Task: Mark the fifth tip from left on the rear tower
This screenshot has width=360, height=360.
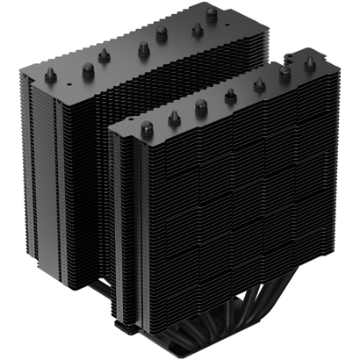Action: (x=162, y=32)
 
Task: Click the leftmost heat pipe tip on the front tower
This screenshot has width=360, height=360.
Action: (x=147, y=127)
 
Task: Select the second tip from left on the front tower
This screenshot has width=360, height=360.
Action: (x=174, y=117)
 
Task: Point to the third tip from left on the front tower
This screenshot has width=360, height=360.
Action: (x=201, y=106)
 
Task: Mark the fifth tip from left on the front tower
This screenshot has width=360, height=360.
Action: (x=259, y=84)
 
